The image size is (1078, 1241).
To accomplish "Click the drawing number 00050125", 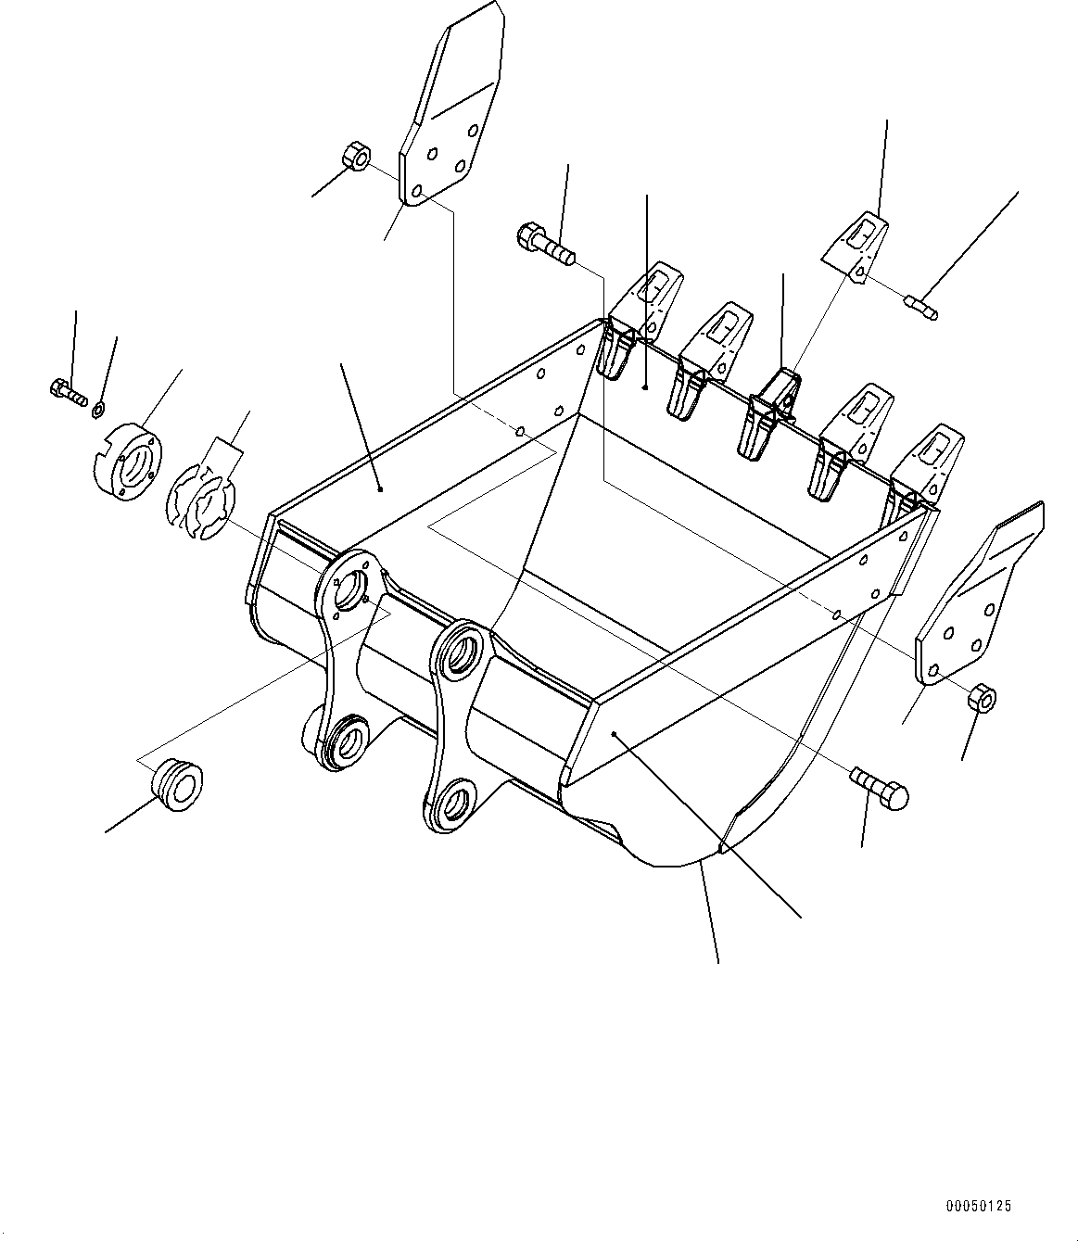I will click(x=979, y=1207).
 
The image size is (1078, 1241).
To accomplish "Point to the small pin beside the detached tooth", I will click(x=920, y=307).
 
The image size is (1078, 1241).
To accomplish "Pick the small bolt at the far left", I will click(x=67, y=391).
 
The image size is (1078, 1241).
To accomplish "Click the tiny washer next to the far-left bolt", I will click(x=100, y=407).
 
